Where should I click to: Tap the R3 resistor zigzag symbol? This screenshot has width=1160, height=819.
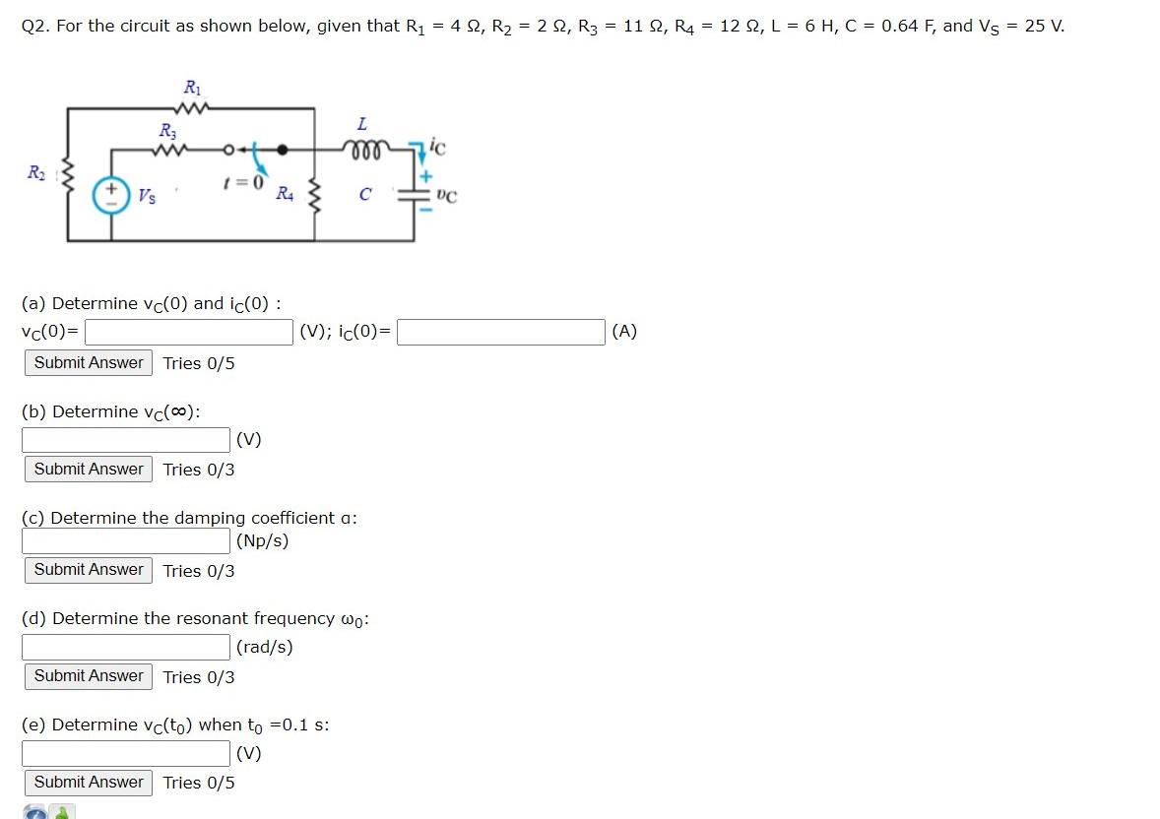pyautogui.click(x=169, y=151)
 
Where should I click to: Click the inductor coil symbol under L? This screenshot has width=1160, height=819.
pyautogui.click(x=362, y=150)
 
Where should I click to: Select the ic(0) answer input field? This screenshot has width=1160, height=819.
pyautogui.click(x=500, y=332)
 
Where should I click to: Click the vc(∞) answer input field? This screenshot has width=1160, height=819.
pyautogui.click(x=126, y=439)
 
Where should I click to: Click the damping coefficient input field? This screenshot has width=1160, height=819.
pyautogui.click(x=126, y=540)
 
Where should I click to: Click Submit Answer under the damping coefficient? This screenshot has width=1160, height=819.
pyautogui.click(x=89, y=570)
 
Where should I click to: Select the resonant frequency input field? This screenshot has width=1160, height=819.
pyautogui.click(x=126, y=647)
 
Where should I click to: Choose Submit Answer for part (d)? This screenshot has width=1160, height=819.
pyautogui.click(x=89, y=676)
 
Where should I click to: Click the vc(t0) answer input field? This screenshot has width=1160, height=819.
pyautogui.click(x=126, y=753)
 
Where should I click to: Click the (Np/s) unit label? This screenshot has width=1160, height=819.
pyautogui.click(x=263, y=540)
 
